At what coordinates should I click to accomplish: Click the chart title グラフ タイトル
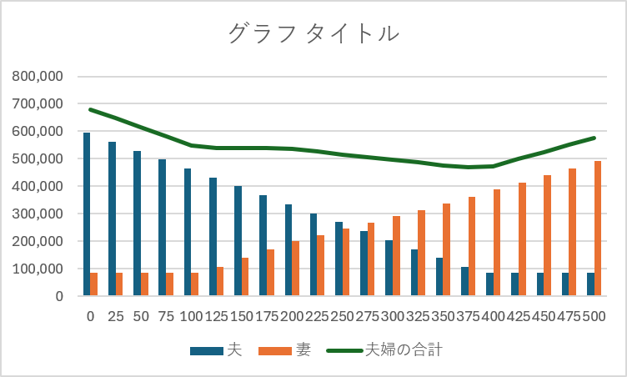(313, 33)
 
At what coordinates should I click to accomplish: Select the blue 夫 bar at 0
(87, 214)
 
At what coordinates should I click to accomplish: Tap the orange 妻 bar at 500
(598, 229)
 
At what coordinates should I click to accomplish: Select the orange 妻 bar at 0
(94, 284)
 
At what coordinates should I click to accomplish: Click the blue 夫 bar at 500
(590, 284)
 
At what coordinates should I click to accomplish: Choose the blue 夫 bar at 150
(238, 241)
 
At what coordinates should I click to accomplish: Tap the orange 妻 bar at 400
(497, 243)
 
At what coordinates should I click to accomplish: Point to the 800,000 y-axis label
(38, 76)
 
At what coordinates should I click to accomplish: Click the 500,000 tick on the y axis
(38, 158)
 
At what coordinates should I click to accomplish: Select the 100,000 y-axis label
(38, 269)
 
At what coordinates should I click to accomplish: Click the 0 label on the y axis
(59, 296)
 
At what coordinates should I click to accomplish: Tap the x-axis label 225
(317, 317)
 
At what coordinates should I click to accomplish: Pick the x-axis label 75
(166, 317)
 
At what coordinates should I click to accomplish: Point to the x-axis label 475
(569, 317)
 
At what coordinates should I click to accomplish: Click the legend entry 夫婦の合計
(404, 350)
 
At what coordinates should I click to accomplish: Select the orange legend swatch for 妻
(275, 351)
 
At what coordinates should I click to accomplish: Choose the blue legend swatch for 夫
(207, 351)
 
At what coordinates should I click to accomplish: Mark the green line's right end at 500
(594, 138)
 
